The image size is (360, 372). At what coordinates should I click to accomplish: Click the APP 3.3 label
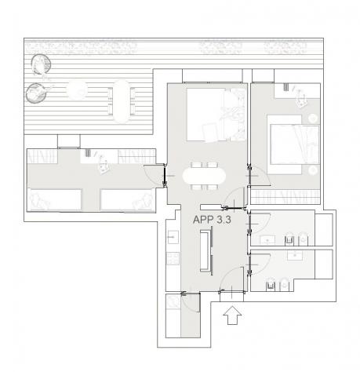pyautogui.click(x=212, y=220)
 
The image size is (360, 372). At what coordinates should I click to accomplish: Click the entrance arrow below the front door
pyautogui.click(x=232, y=315)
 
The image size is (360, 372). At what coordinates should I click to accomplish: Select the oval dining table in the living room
pyautogui.click(x=204, y=176)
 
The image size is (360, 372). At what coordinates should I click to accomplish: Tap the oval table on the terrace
pyautogui.click(x=122, y=101)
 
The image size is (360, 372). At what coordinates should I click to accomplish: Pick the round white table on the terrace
pyautogui.click(x=77, y=90)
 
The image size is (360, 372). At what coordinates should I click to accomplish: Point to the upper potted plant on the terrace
pyautogui.click(x=41, y=64)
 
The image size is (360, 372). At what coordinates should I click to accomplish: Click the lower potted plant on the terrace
pyautogui.click(x=36, y=93)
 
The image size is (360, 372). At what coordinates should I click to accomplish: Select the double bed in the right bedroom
pyautogui.click(x=293, y=144)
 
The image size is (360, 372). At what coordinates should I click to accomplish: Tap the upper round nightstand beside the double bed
pyautogui.click(x=313, y=119)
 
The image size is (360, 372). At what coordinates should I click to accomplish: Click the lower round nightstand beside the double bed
pyautogui.click(x=313, y=170)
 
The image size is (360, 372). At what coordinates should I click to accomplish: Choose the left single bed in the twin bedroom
pyautogui.click(x=54, y=200)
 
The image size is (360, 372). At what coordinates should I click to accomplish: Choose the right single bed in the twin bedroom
pyautogui.click(x=127, y=200)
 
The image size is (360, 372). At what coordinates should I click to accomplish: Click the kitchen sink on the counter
pyautogui.click(x=173, y=237)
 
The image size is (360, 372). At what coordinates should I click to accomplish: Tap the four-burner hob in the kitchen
pyautogui.click(x=173, y=258)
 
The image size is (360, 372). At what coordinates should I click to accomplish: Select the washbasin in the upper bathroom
pyautogui.click(x=267, y=240)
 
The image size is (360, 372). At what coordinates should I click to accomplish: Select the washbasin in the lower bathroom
pyautogui.click(x=295, y=256)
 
